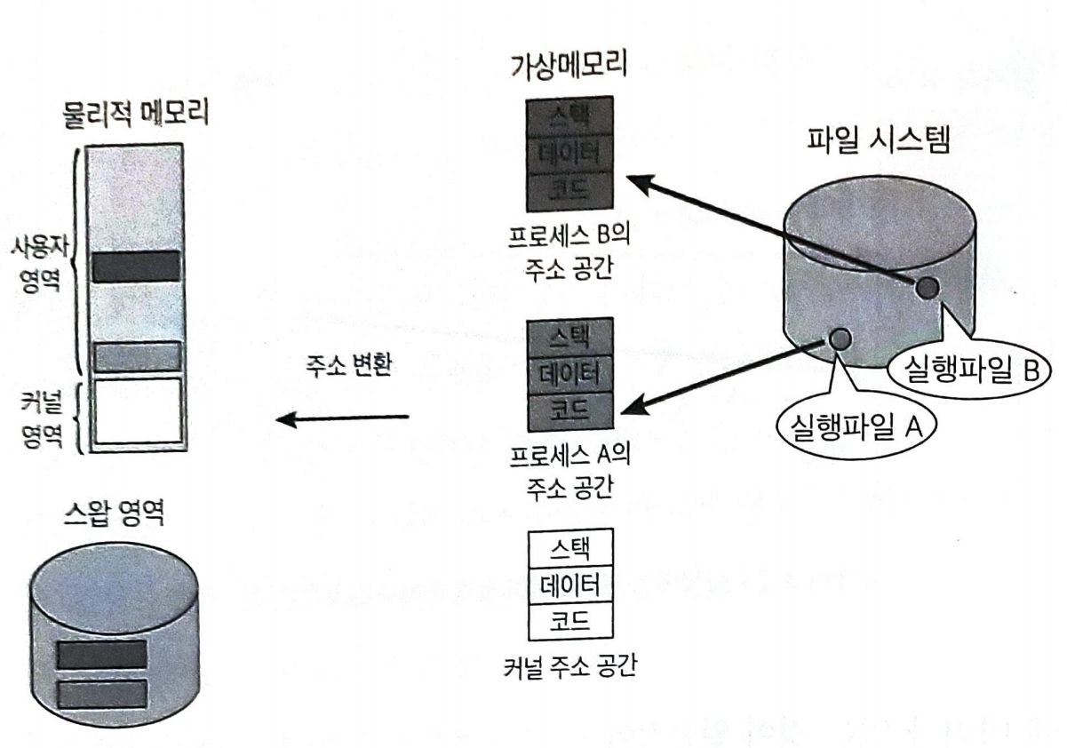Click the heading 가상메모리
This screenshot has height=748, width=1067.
pyautogui.click(x=569, y=66)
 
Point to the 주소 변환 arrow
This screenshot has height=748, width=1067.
pyautogui.click(x=342, y=418)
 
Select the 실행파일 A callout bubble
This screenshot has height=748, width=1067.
pyautogui.click(x=849, y=430)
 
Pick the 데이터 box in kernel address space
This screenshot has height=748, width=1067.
pyautogui.click(x=569, y=585)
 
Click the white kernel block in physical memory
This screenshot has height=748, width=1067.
pyautogui.click(x=137, y=410)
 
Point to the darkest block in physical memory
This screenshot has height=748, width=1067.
pyautogui.click(x=137, y=267)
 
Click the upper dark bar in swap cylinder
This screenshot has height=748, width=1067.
pyautogui.click(x=101, y=655)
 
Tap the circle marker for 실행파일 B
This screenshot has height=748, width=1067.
pyautogui.click(x=926, y=287)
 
